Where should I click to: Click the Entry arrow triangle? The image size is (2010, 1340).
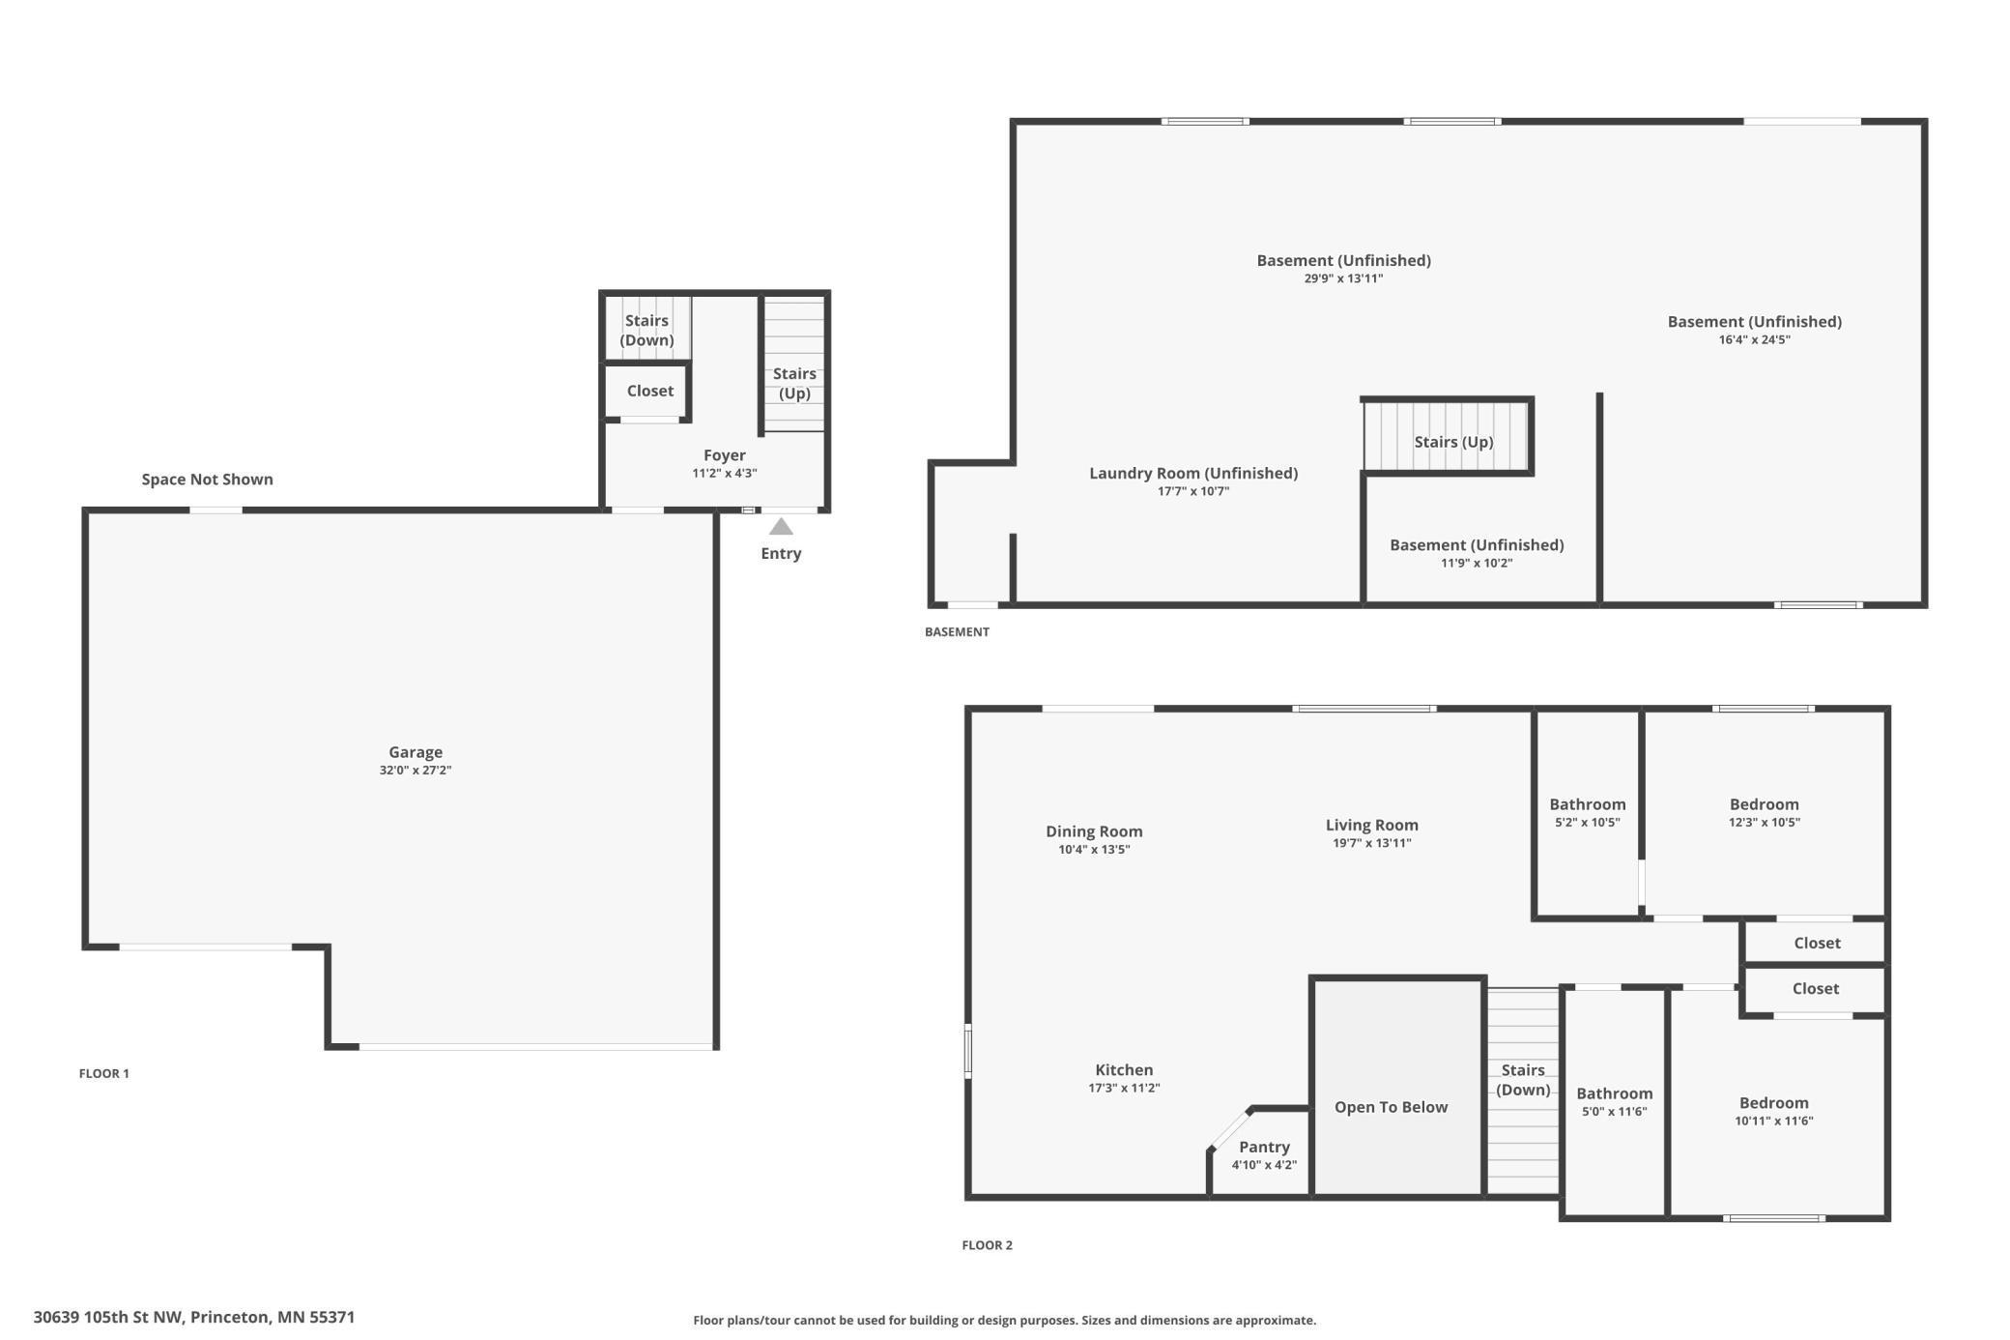click(781, 527)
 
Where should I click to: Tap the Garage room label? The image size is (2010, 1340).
click(416, 752)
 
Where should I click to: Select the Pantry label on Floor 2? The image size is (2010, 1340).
click(1264, 1147)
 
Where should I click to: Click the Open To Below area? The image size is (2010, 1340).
click(1391, 1107)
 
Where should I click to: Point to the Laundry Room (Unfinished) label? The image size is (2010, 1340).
click(1193, 473)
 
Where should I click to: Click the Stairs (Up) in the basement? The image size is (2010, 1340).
click(1453, 442)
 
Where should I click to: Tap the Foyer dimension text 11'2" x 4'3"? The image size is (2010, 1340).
click(725, 474)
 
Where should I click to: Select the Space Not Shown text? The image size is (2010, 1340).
click(207, 480)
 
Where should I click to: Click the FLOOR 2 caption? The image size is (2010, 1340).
click(987, 1245)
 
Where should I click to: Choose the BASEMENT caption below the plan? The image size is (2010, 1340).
click(957, 632)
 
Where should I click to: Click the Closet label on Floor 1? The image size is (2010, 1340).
click(649, 391)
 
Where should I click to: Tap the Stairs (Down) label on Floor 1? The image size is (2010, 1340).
click(646, 330)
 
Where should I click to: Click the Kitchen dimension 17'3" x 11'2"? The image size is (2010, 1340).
click(1124, 1088)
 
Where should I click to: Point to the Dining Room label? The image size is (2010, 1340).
click(1094, 831)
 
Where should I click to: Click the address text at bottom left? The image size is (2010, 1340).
click(194, 1317)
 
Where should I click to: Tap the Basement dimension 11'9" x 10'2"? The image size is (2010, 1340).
click(1476, 563)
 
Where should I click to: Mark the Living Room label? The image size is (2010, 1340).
click(1371, 825)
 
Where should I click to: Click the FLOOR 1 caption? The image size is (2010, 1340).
click(103, 1073)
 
